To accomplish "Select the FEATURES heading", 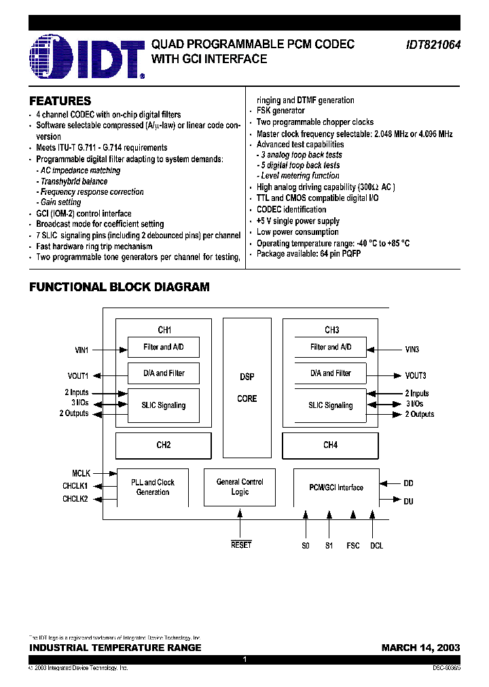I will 60,101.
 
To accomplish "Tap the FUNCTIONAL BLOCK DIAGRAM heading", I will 119,287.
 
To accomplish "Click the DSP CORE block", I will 247,388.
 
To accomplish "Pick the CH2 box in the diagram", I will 164,445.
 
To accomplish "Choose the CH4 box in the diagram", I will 330,445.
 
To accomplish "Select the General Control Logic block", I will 240,487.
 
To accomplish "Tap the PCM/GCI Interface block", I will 336,487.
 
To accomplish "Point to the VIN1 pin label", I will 81,350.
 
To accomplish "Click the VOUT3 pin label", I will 416,375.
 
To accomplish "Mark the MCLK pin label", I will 81,472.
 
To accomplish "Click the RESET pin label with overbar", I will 241,545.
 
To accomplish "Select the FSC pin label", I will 353,545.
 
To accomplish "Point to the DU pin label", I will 408,501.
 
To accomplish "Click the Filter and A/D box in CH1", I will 164,348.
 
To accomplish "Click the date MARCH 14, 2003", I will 420,648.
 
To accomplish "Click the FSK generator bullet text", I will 280,111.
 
